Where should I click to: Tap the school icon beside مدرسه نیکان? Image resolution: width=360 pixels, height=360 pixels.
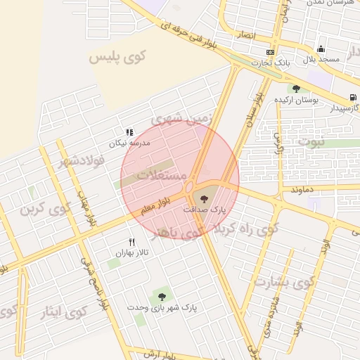[129, 131]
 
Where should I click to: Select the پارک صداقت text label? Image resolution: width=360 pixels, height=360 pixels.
[205, 210]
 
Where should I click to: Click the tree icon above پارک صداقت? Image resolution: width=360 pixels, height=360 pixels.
[205, 198]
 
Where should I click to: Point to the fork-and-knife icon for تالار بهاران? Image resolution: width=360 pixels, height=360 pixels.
[131, 241]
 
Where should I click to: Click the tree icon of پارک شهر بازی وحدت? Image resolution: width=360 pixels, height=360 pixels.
[162, 296]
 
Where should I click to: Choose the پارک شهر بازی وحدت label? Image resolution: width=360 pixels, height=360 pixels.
[162, 307]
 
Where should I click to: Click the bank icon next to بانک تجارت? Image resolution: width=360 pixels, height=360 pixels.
[271, 53]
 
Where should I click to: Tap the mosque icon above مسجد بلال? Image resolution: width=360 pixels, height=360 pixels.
[321, 49]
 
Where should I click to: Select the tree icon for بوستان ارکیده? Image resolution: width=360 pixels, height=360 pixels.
[296, 89]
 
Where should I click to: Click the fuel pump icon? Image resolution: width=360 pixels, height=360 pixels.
[352, 97]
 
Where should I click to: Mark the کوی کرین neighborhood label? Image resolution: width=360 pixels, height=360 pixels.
[47, 210]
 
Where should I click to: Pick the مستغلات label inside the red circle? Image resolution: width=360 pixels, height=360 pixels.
[162, 174]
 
